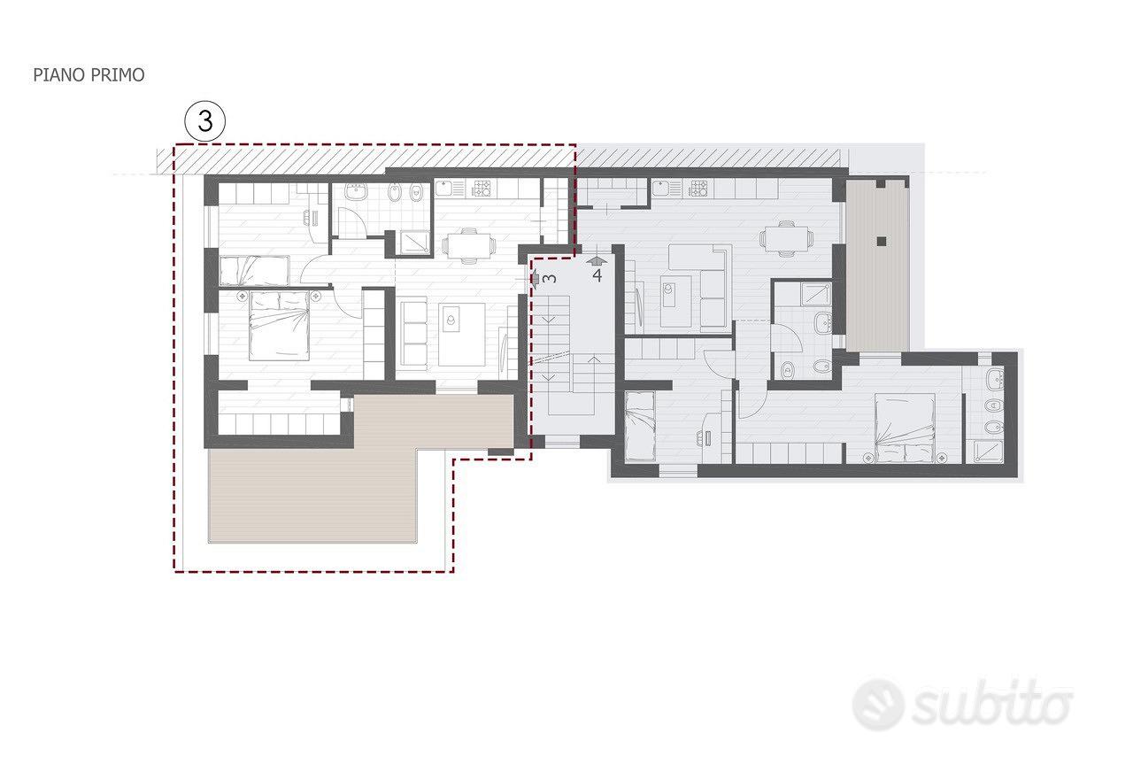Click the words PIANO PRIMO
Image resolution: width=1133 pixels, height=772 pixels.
(x=89, y=75)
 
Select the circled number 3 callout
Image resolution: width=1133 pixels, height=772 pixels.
(x=204, y=121)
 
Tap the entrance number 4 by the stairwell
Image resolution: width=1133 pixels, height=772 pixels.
(x=597, y=275)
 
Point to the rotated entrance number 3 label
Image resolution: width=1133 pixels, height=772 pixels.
(x=550, y=278)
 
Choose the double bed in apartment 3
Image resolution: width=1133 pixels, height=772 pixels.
(x=279, y=326)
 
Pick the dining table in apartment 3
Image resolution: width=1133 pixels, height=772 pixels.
(x=468, y=246)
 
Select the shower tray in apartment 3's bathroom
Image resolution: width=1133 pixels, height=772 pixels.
(x=415, y=243)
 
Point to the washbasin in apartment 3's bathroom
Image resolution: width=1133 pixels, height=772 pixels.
(x=357, y=192)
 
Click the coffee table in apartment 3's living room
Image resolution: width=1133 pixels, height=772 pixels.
(x=462, y=335)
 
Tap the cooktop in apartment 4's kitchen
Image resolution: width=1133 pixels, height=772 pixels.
(x=699, y=189)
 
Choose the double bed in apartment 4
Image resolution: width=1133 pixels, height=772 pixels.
(x=905, y=428)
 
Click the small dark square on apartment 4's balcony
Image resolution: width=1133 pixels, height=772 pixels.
(x=883, y=241)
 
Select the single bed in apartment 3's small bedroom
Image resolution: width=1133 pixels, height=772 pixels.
(x=254, y=270)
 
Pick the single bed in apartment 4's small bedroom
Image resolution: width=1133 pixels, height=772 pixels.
(x=640, y=426)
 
